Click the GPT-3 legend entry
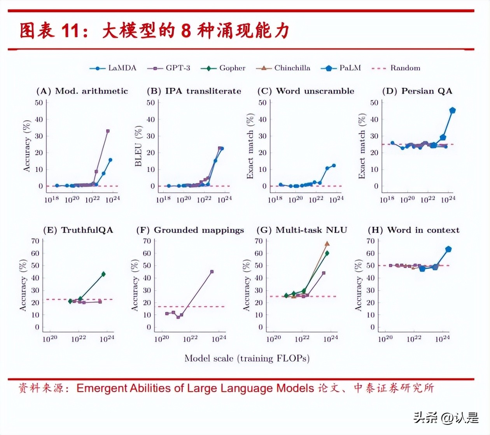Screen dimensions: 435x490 point(169,68)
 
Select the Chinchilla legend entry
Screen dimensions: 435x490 point(283,68)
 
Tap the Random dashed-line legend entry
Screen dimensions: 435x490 point(396,68)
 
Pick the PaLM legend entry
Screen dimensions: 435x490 point(341,68)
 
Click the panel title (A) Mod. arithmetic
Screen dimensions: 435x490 point(82,91)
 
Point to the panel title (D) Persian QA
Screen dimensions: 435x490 point(417,91)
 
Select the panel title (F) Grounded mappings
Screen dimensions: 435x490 point(190,230)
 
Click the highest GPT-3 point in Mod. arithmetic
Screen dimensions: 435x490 point(108,131)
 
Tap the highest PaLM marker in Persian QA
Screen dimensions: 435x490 point(452,111)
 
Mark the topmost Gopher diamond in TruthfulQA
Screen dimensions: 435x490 point(103,274)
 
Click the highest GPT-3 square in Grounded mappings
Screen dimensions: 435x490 point(212,272)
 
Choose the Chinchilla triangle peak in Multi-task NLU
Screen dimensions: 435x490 point(327,244)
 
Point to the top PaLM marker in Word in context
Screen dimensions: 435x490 point(448,249)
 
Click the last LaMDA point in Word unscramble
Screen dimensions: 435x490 point(334,166)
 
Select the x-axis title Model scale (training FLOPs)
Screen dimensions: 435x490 point(247,358)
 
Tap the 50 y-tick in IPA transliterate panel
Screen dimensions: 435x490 point(150,103)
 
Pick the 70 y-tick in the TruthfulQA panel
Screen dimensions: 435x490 point(35,241)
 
